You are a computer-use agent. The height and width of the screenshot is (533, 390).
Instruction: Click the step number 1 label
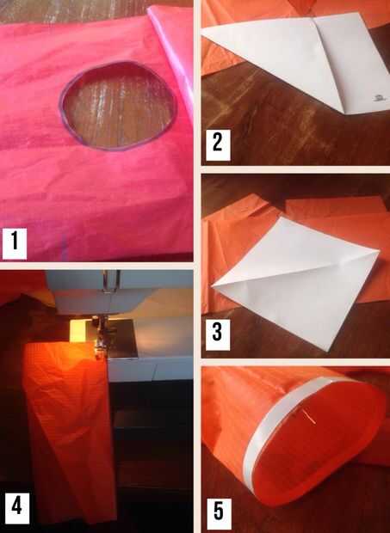[15, 243]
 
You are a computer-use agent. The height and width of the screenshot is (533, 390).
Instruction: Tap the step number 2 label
[218, 144]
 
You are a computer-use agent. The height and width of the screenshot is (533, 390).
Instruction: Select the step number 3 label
[218, 334]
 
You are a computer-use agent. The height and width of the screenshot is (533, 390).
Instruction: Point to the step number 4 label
[17, 507]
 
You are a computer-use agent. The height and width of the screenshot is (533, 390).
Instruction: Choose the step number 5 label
[219, 513]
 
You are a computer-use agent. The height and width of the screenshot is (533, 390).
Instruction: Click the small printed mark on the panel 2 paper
[378, 98]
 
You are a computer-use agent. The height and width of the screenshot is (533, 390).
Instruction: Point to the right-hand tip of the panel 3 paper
[379, 252]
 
